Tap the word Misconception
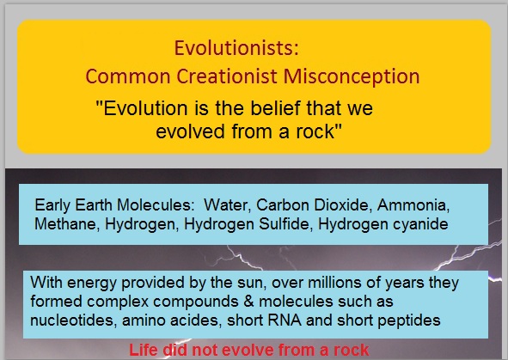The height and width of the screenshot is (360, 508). pos(352,76)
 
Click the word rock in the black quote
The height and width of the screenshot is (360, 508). pos(315,131)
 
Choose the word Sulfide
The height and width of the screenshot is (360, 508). pos(286,224)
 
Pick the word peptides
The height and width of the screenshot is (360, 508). pos(409,320)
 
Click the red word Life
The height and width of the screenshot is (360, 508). pos(144,350)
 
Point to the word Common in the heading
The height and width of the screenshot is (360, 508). pos(128,76)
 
